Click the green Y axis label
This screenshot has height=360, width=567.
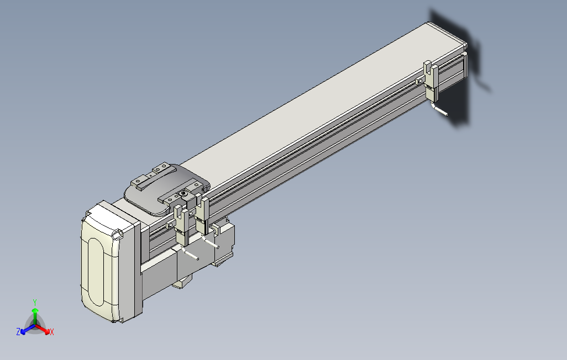(34, 302)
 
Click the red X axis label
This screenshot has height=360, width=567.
(51, 332)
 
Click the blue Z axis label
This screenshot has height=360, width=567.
(18, 332)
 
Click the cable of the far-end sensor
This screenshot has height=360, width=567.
(441, 111)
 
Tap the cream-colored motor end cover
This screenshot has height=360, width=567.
(108, 265)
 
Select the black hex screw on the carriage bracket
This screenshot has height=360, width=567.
(183, 194)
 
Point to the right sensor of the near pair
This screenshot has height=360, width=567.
(202, 215)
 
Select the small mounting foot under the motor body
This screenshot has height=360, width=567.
(181, 284)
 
